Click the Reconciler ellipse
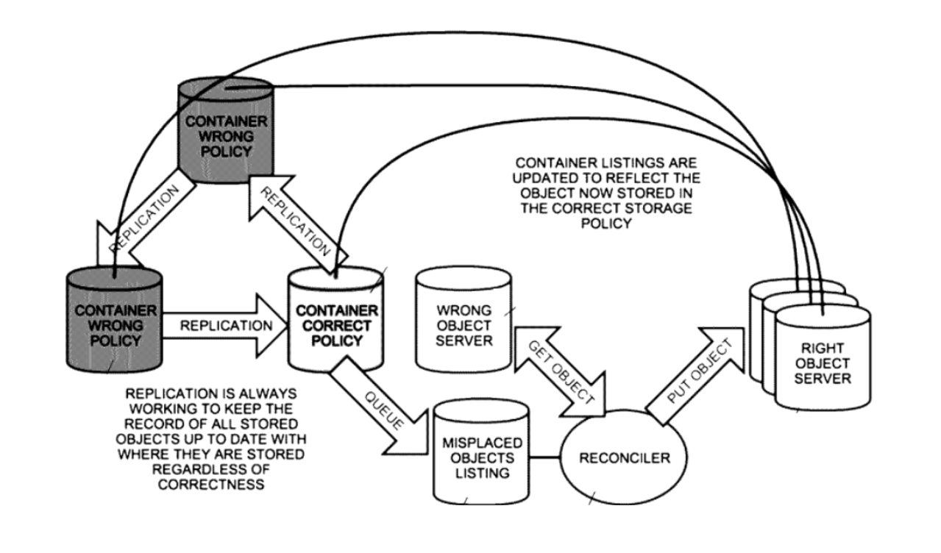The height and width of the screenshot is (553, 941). click(624, 459)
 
